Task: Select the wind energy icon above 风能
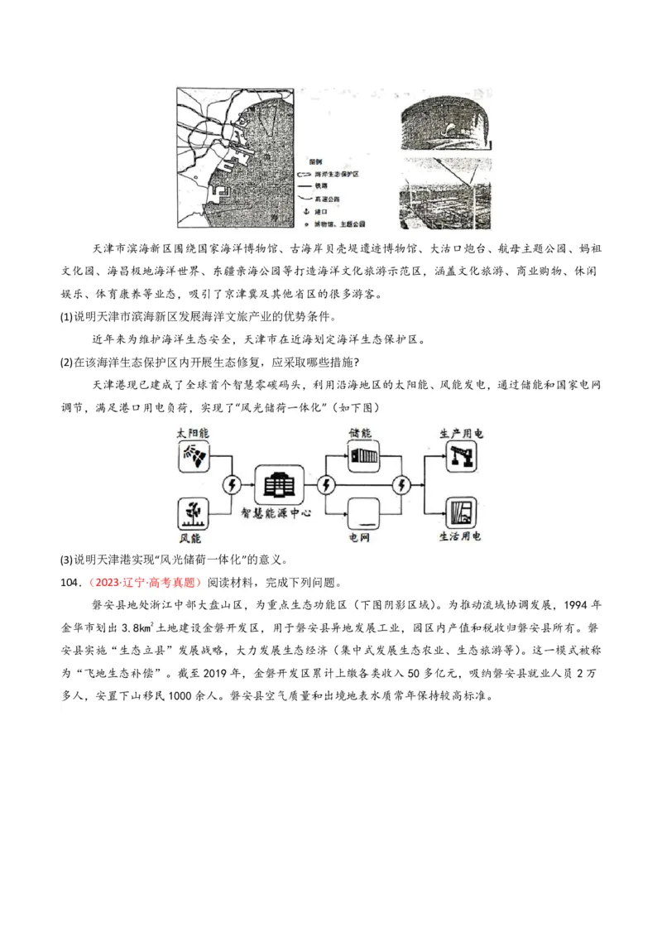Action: tap(194, 511)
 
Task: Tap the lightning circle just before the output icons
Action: tap(403, 484)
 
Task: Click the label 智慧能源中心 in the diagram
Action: tap(279, 513)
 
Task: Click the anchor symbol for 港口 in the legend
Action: tap(306, 211)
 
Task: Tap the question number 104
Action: tap(70, 581)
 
